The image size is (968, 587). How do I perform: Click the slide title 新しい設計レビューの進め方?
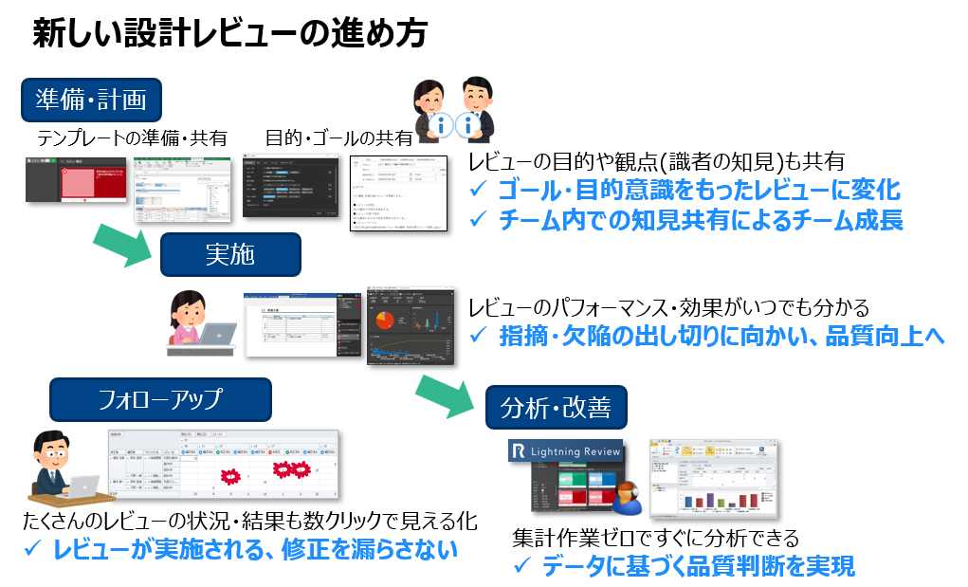(x=229, y=34)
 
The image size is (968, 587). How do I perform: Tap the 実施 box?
(x=229, y=254)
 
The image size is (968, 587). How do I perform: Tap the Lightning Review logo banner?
(x=565, y=451)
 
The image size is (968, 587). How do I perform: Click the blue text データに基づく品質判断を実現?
(x=698, y=567)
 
